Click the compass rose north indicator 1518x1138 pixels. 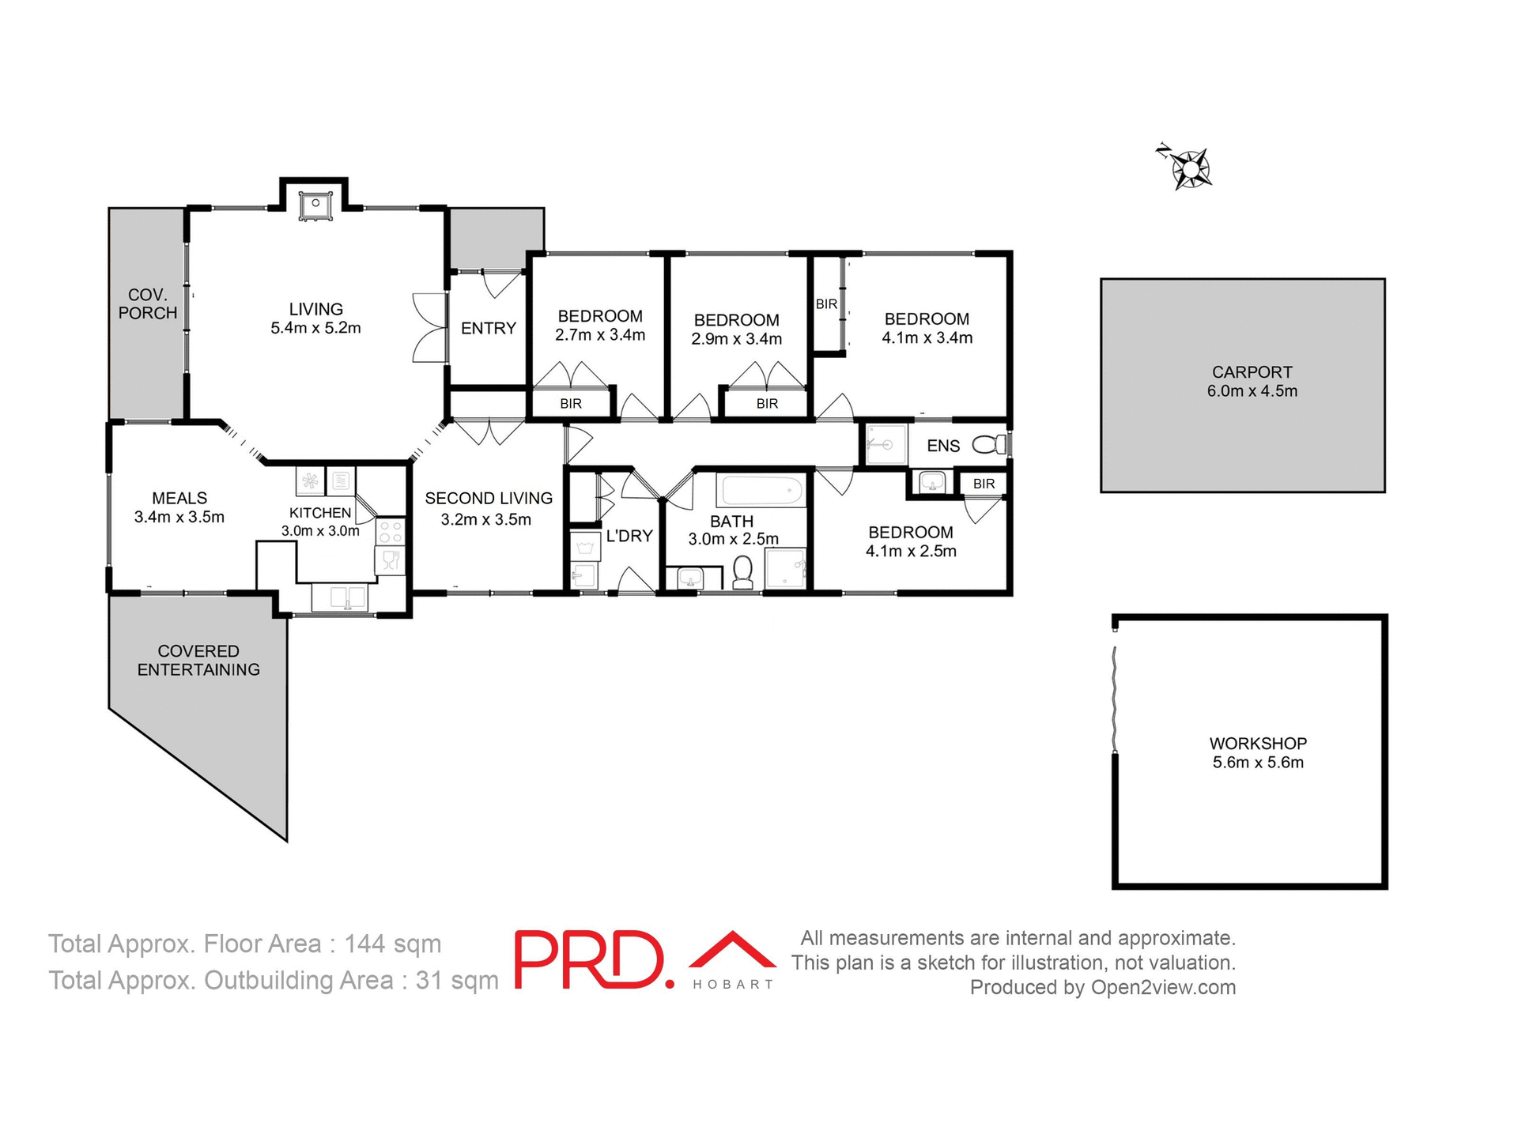pos(1190,168)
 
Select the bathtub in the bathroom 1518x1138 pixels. pos(761,491)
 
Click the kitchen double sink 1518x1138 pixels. pos(339,597)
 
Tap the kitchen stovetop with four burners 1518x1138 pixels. pos(390,531)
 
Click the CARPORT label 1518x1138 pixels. pos(1252,372)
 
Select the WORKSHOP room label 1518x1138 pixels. pos(1258,744)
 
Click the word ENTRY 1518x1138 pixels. pos(489,328)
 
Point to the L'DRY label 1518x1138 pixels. pos(629,536)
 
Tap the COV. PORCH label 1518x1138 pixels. pos(148,303)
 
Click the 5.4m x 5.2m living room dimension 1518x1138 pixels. pos(315,328)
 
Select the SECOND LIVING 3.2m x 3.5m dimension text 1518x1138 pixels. pos(486,520)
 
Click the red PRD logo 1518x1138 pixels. pos(590,959)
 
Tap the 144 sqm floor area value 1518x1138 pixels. pos(392,944)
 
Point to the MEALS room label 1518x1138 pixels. pos(179,498)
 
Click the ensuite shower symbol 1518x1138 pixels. pos(884,445)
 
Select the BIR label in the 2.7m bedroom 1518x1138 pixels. pos(571,404)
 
